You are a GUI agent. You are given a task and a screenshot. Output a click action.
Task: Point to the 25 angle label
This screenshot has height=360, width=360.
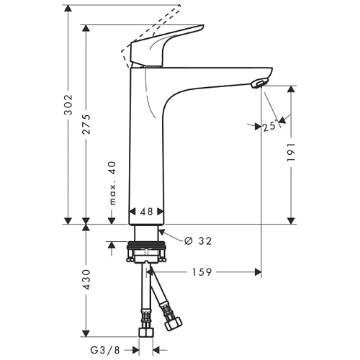[x=270, y=127]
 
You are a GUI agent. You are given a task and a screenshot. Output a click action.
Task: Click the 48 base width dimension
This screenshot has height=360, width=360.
[x=147, y=212]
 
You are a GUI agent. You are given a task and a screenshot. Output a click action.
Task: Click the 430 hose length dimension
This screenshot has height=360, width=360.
[x=86, y=281]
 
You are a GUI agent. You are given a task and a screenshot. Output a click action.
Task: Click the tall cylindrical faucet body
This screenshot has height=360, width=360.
[x=147, y=144]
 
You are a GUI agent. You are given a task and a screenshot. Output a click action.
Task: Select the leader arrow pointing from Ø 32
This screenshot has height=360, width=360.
[x=165, y=233]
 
